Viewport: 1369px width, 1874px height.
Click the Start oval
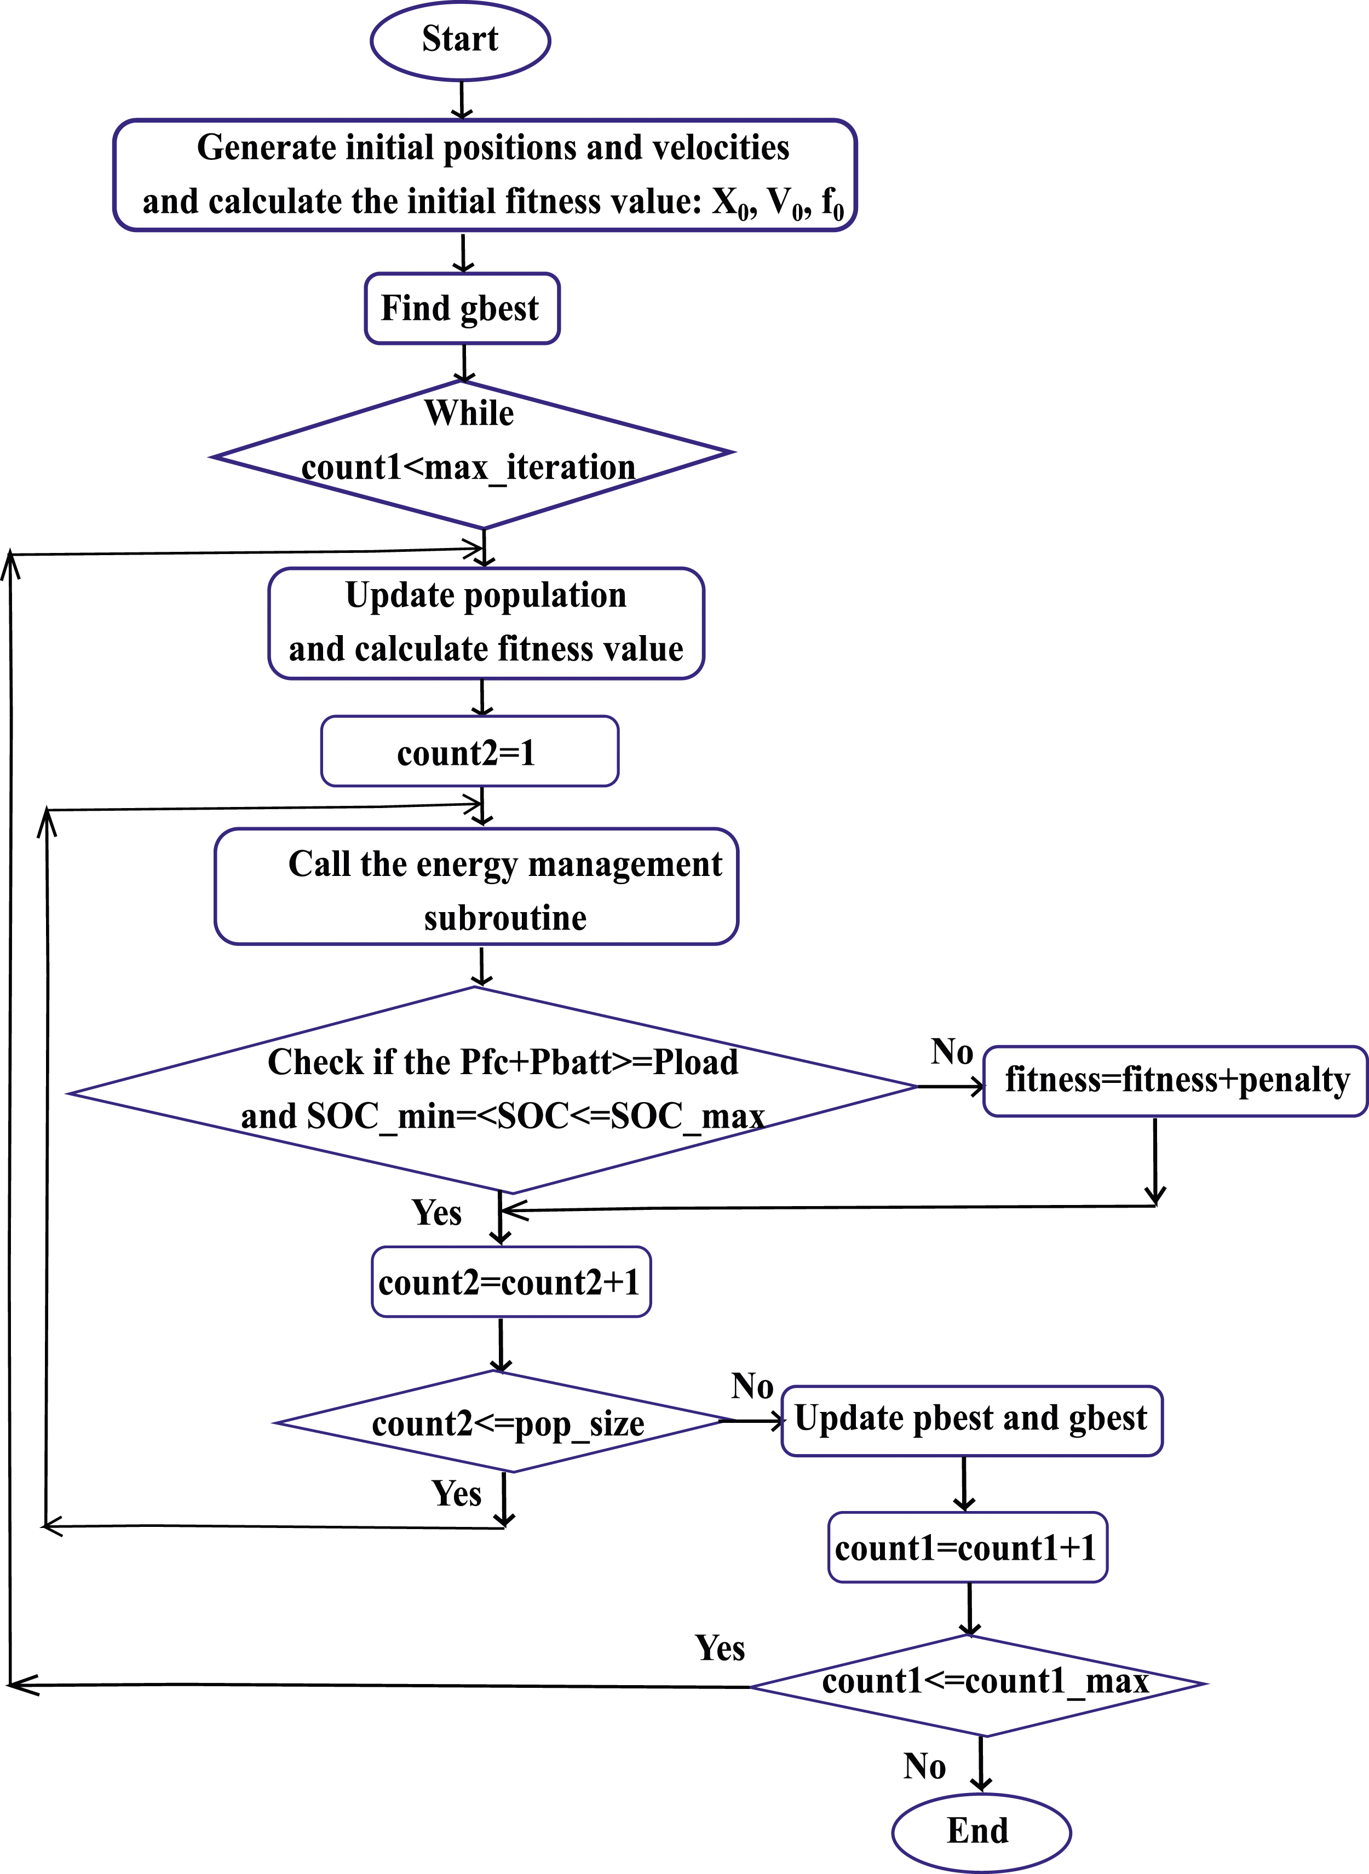click(x=460, y=41)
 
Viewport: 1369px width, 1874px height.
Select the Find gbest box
click(x=462, y=308)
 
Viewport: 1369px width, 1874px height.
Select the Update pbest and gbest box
click(x=972, y=1421)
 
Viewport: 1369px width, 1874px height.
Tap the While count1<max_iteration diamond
click(x=473, y=454)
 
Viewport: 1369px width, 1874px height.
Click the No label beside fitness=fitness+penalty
click(x=951, y=1052)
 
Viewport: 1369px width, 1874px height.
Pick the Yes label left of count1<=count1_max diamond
click(x=720, y=1648)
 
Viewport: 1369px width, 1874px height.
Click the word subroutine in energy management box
click(x=505, y=918)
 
